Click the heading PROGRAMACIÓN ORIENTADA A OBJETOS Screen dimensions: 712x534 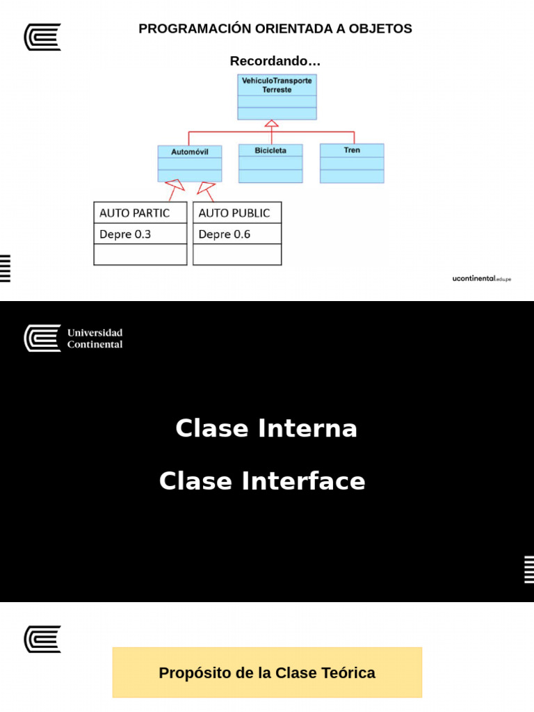click(x=275, y=29)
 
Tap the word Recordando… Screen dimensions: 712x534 click(x=275, y=61)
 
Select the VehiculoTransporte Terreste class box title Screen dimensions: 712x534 click(x=277, y=85)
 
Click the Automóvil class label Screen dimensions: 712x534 click(x=190, y=152)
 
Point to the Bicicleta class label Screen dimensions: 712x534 click(x=270, y=150)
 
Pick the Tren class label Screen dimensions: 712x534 click(x=352, y=150)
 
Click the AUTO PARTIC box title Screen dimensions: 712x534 click(x=134, y=213)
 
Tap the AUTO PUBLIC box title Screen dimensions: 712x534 click(x=234, y=213)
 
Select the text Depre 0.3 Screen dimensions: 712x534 click(x=125, y=234)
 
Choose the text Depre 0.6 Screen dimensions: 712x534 click(x=225, y=234)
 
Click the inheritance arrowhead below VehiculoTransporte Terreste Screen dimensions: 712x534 click(x=272, y=124)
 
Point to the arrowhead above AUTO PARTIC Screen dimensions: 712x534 click(x=175, y=185)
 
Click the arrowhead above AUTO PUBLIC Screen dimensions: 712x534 click(x=205, y=187)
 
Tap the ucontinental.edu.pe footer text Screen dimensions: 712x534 click(x=481, y=278)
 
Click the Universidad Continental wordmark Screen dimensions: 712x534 click(x=95, y=339)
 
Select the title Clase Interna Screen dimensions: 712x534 click(x=266, y=428)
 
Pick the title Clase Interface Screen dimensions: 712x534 click(x=262, y=481)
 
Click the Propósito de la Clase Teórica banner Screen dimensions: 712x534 click(x=267, y=672)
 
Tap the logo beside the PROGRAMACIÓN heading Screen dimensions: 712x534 click(x=42, y=37)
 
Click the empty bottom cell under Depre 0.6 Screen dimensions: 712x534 click(x=237, y=255)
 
